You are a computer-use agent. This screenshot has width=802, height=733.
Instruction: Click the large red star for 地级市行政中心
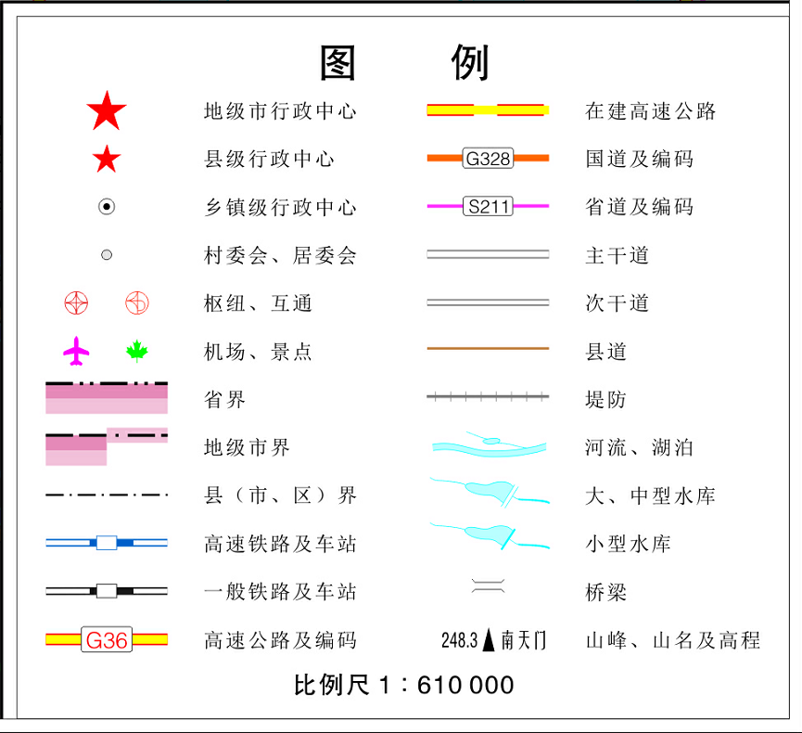pos(107,112)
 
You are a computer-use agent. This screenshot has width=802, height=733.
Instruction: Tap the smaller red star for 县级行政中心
pos(107,160)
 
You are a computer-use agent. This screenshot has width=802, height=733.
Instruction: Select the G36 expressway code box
pos(107,639)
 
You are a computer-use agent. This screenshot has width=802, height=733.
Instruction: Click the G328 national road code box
pos(488,159)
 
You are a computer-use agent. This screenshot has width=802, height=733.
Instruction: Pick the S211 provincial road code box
pos(488,206)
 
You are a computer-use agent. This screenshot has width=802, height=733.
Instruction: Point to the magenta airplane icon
pos(77,351)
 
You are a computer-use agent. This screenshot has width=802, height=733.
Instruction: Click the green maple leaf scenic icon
pos(137,351)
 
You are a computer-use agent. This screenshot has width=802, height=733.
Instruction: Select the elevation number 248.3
pos(459,640)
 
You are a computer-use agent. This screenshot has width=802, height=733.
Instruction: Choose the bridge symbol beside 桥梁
pos(488,585)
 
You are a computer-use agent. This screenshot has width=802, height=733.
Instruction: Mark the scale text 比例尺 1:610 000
pos(403,686)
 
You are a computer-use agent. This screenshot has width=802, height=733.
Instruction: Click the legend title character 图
pos(338,63)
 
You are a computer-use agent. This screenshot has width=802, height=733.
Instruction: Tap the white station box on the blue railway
pos(107,542)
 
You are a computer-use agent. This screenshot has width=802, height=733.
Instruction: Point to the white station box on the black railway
pos(107,590)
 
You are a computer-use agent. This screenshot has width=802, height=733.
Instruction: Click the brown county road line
pos(488,349)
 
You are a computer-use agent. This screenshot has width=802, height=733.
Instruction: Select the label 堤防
pos(606,400)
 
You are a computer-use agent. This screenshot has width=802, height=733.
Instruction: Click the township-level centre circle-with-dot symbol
pos(107,207)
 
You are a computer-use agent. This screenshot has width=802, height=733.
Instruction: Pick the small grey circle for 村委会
pos(107,254)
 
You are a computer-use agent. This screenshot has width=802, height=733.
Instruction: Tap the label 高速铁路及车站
pos(280,544)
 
